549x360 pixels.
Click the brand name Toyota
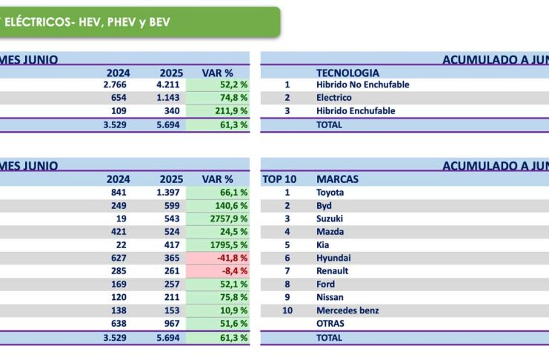pyautogui.click(x=330, y=193)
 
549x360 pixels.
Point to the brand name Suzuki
pyautogui.click(x=330, y=219)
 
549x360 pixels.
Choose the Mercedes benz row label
pyautogui.click(x=347, y=310)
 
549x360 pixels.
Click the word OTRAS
pyautogui.click(x=330, y=324)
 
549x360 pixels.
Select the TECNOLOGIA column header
pyautogui.click(x=347, y=73)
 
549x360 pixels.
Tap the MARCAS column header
pyautogui.click(x=337, y=179)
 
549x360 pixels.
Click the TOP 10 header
pyautogui.click(x=279, y=179)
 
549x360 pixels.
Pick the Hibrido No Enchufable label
pyautogui.click(x=362, y=84)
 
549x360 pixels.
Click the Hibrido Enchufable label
pyautogui.click(x=356, y=111)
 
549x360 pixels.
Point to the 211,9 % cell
pyautogui.click(x=229, y=111)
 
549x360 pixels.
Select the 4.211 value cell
pyautogui.click(x=170, y=84)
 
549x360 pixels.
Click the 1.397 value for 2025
pyautogui.click(x=170, y=193)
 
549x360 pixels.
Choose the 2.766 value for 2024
pyautogui.click(x=116, y=84)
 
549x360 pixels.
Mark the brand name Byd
pyautogui.click(x=324, y=206)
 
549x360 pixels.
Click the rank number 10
pyautogui.click(x=287, y=310)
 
